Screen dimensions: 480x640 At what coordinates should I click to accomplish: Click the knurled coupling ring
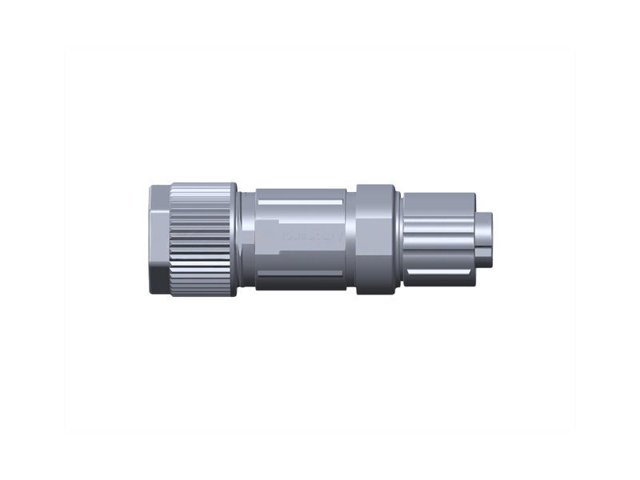click(200, 240)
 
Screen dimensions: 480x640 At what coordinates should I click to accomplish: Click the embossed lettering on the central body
click(311, 237)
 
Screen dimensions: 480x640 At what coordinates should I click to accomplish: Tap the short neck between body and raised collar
click(351, 240)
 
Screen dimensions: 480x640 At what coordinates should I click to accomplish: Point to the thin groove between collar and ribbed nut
click(399, 240)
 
